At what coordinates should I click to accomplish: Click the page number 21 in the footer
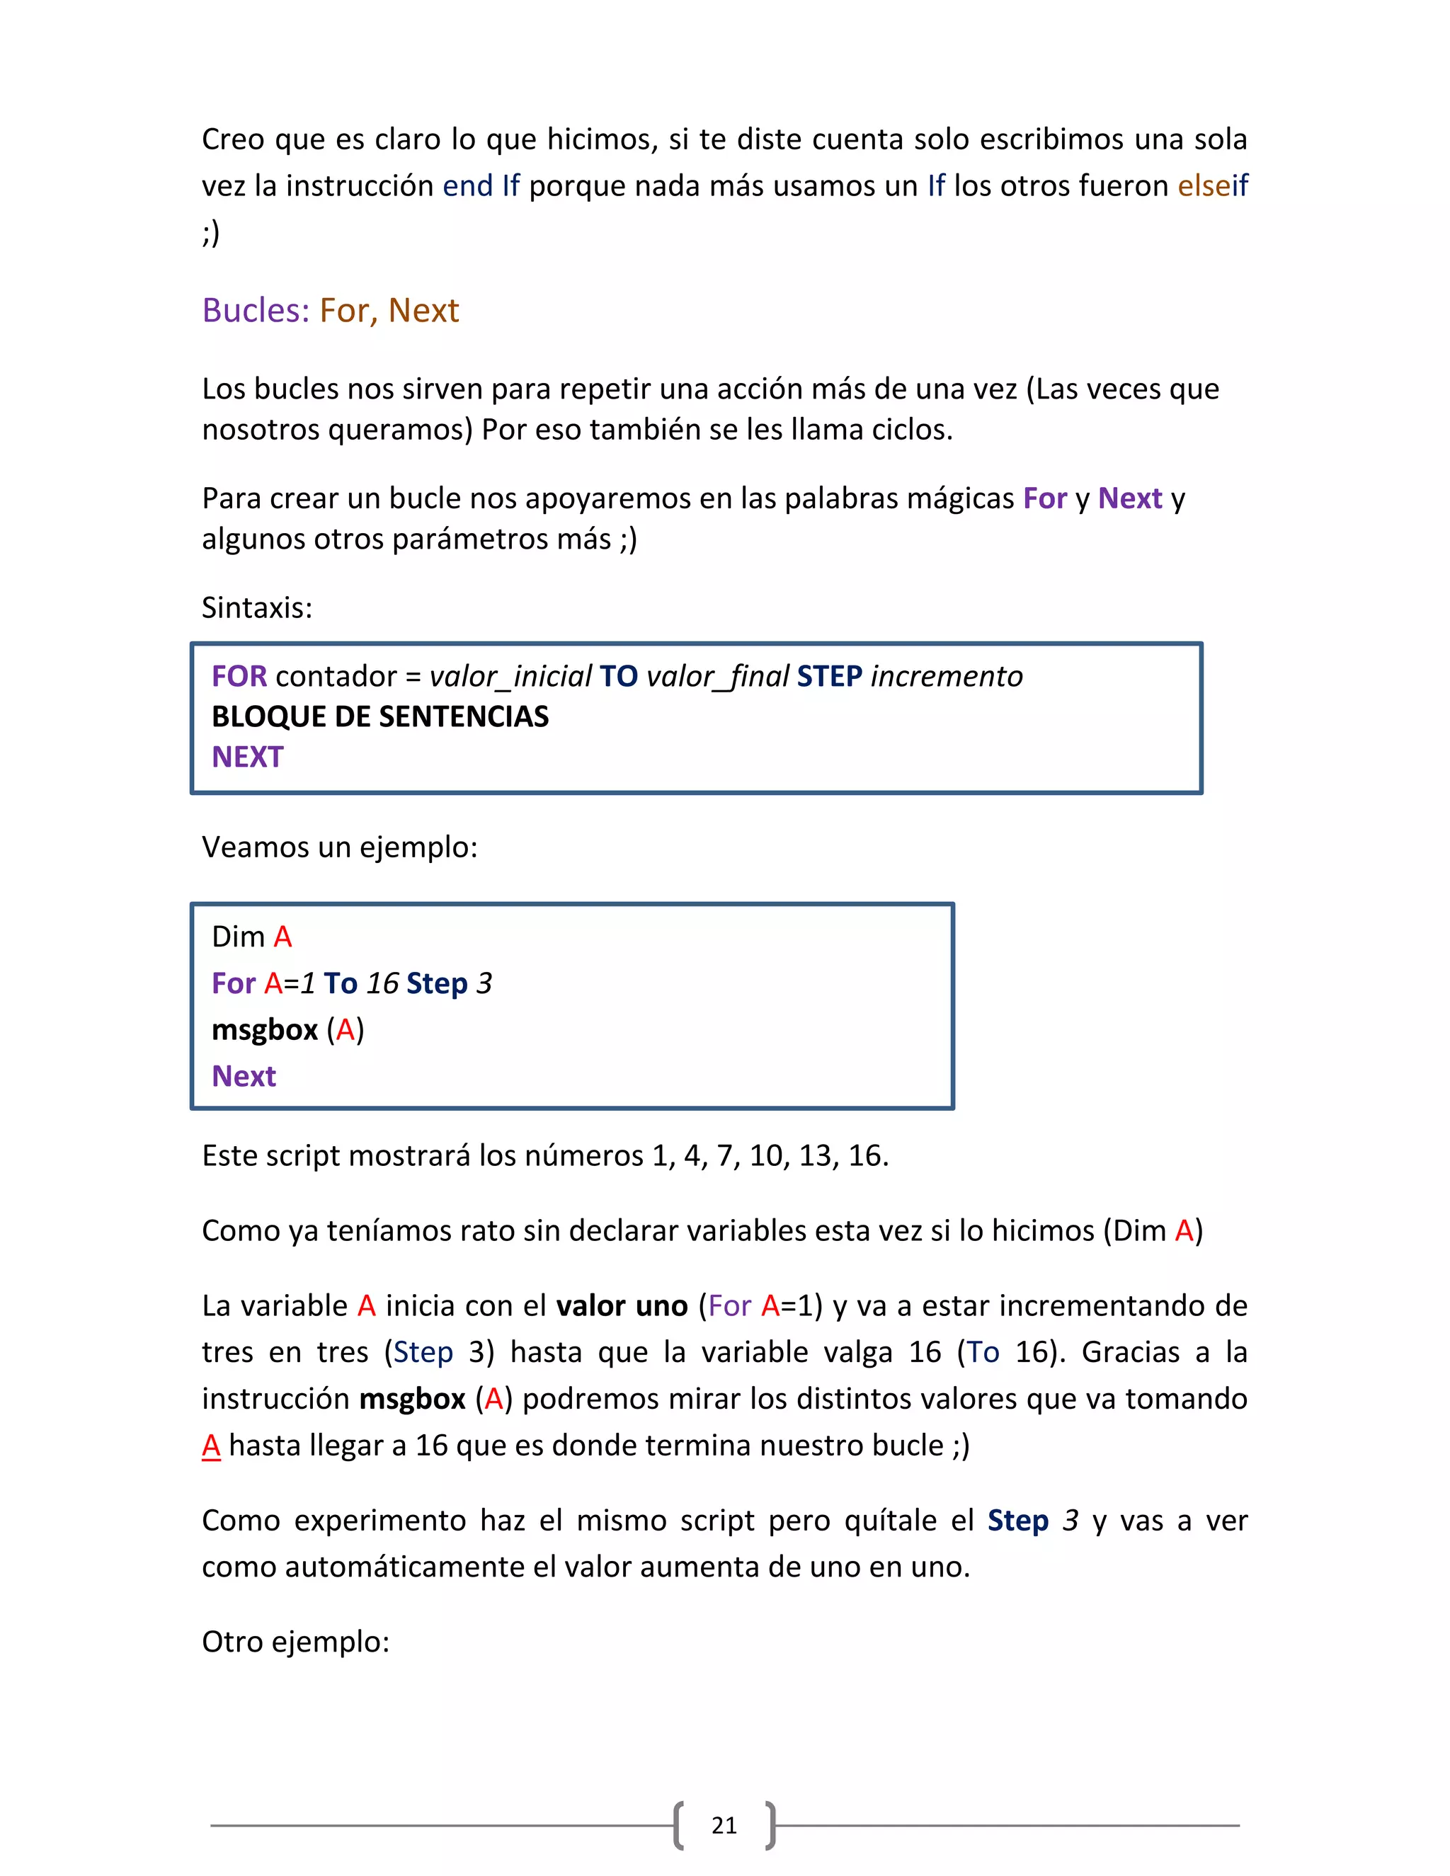[x=724, y=1824]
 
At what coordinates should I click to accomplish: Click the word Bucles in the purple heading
[x=255, y=310]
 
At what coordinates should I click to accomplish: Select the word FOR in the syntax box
[x=239, y=676]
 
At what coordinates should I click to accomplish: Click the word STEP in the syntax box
[x=829, y=676]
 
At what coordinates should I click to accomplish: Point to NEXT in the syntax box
[x=247, y=757]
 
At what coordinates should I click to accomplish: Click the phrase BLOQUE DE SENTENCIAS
[x=379, y=716]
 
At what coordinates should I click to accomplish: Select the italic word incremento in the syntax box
[x=947, y=676]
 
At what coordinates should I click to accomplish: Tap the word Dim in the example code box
[x=238, y=937]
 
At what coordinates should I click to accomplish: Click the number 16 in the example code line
[x=382, y=983]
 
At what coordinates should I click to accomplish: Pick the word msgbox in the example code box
[x=265, y=1029]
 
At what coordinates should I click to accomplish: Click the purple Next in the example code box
[x=244, y=1075]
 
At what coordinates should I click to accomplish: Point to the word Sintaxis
[x=257, y=607]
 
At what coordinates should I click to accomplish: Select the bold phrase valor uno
[x=622, y=1305]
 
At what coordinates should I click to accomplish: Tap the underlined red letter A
[x=211, y=1446]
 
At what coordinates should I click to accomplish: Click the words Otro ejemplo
[x=295, y=1642]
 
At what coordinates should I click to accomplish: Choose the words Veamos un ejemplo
[x=339, y=847]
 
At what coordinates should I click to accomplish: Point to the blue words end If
[x=480, y=185]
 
